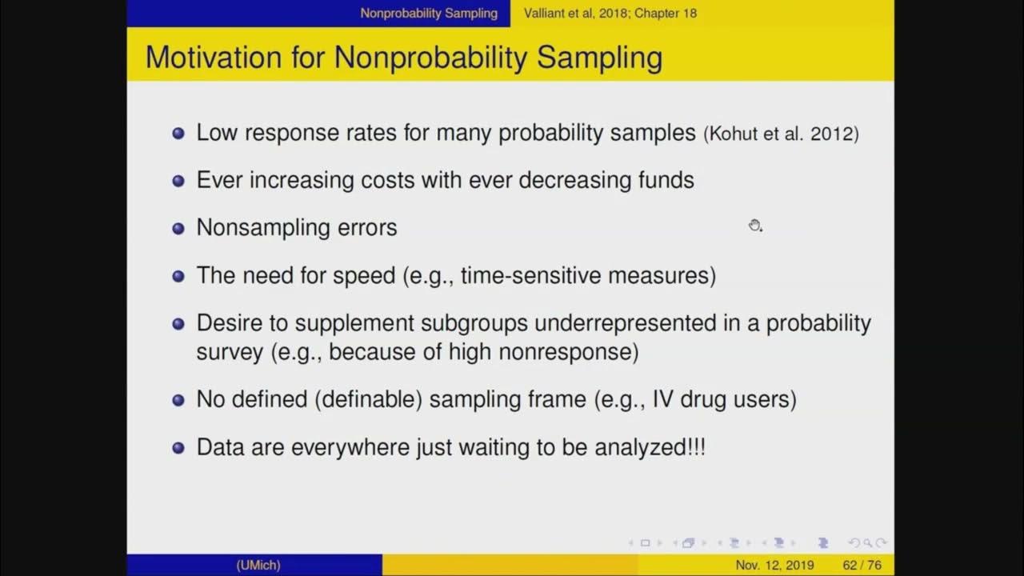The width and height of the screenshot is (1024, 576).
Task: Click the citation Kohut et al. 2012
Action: click(x=782, y=134)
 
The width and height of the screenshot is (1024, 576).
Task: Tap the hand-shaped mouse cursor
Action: click(x=754, y=226)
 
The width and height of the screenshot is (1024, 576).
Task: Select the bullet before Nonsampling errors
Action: click(x=178, y=228)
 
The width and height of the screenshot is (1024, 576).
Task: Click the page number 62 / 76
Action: click(x=862, y=565)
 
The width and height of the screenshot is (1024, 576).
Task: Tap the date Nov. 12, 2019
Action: click(x=774, y=565)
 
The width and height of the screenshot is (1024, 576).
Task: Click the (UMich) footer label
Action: click(x=258, y=565)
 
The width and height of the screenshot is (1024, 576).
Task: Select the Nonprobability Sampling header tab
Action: click(x=429, y=13)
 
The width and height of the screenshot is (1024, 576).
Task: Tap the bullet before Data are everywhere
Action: click(x=178, y=447)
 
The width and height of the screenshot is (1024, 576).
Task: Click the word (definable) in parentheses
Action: click(x=368, y=399)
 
